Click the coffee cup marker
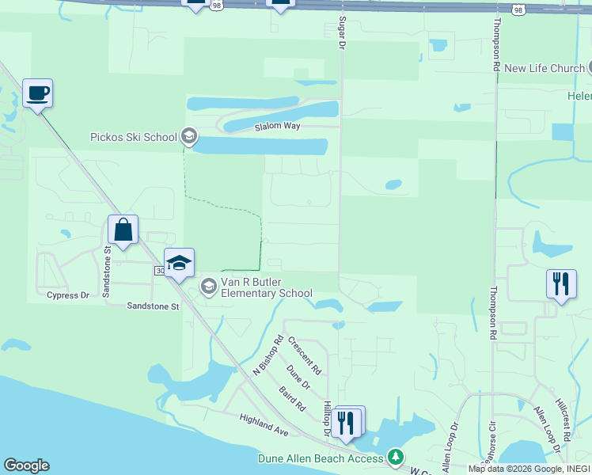pos(37,94)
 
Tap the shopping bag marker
pos(123,230)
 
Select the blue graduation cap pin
pos(179,264)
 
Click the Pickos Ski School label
pos(134,137)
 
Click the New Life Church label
pos(544,68)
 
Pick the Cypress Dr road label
pos(68,295)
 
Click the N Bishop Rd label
pos(268,355)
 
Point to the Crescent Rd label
pos(305,356)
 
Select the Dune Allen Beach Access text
pos(321,458)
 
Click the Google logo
pos(26,465)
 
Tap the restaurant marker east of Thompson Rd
pos(560,284)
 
